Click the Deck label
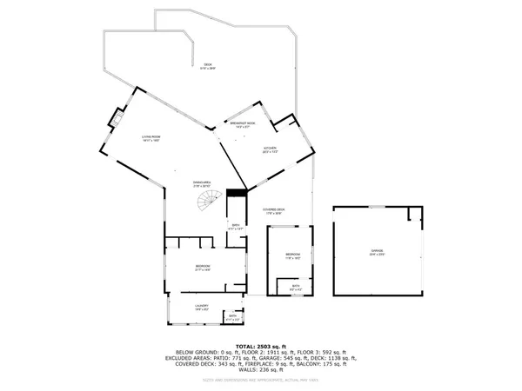coord(208,67)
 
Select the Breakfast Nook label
coord(242,125)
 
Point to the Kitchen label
coord(271,151)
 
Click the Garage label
coord(377,251)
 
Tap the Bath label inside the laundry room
coord(232,318)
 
